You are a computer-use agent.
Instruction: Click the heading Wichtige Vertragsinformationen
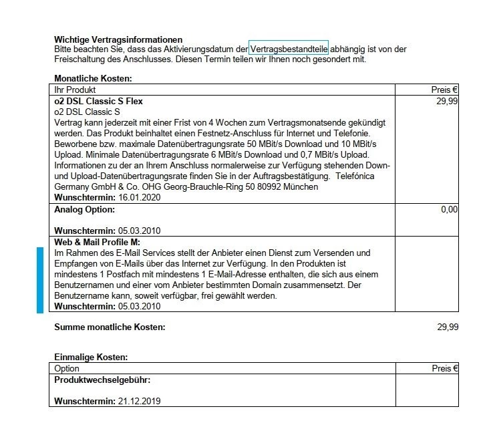(118, 40)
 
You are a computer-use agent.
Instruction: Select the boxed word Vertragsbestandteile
(289, 49)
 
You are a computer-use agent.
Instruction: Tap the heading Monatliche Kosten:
(93, 79)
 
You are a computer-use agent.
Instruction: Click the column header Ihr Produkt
(75, 90)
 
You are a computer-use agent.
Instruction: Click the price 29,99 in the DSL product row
(447, 102)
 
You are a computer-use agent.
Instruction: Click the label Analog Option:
(85, 210)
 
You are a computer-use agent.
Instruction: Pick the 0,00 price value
(450, 210)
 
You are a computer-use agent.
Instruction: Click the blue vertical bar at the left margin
(39, 279)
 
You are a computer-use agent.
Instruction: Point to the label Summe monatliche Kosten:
(110, 327)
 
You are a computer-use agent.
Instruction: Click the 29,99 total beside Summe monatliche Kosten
(447, 327)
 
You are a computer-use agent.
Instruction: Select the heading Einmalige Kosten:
(91, 358)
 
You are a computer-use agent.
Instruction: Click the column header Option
(67, 369)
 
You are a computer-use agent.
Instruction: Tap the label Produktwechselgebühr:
(102, 380)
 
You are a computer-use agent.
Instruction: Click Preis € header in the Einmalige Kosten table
(445, 369)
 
